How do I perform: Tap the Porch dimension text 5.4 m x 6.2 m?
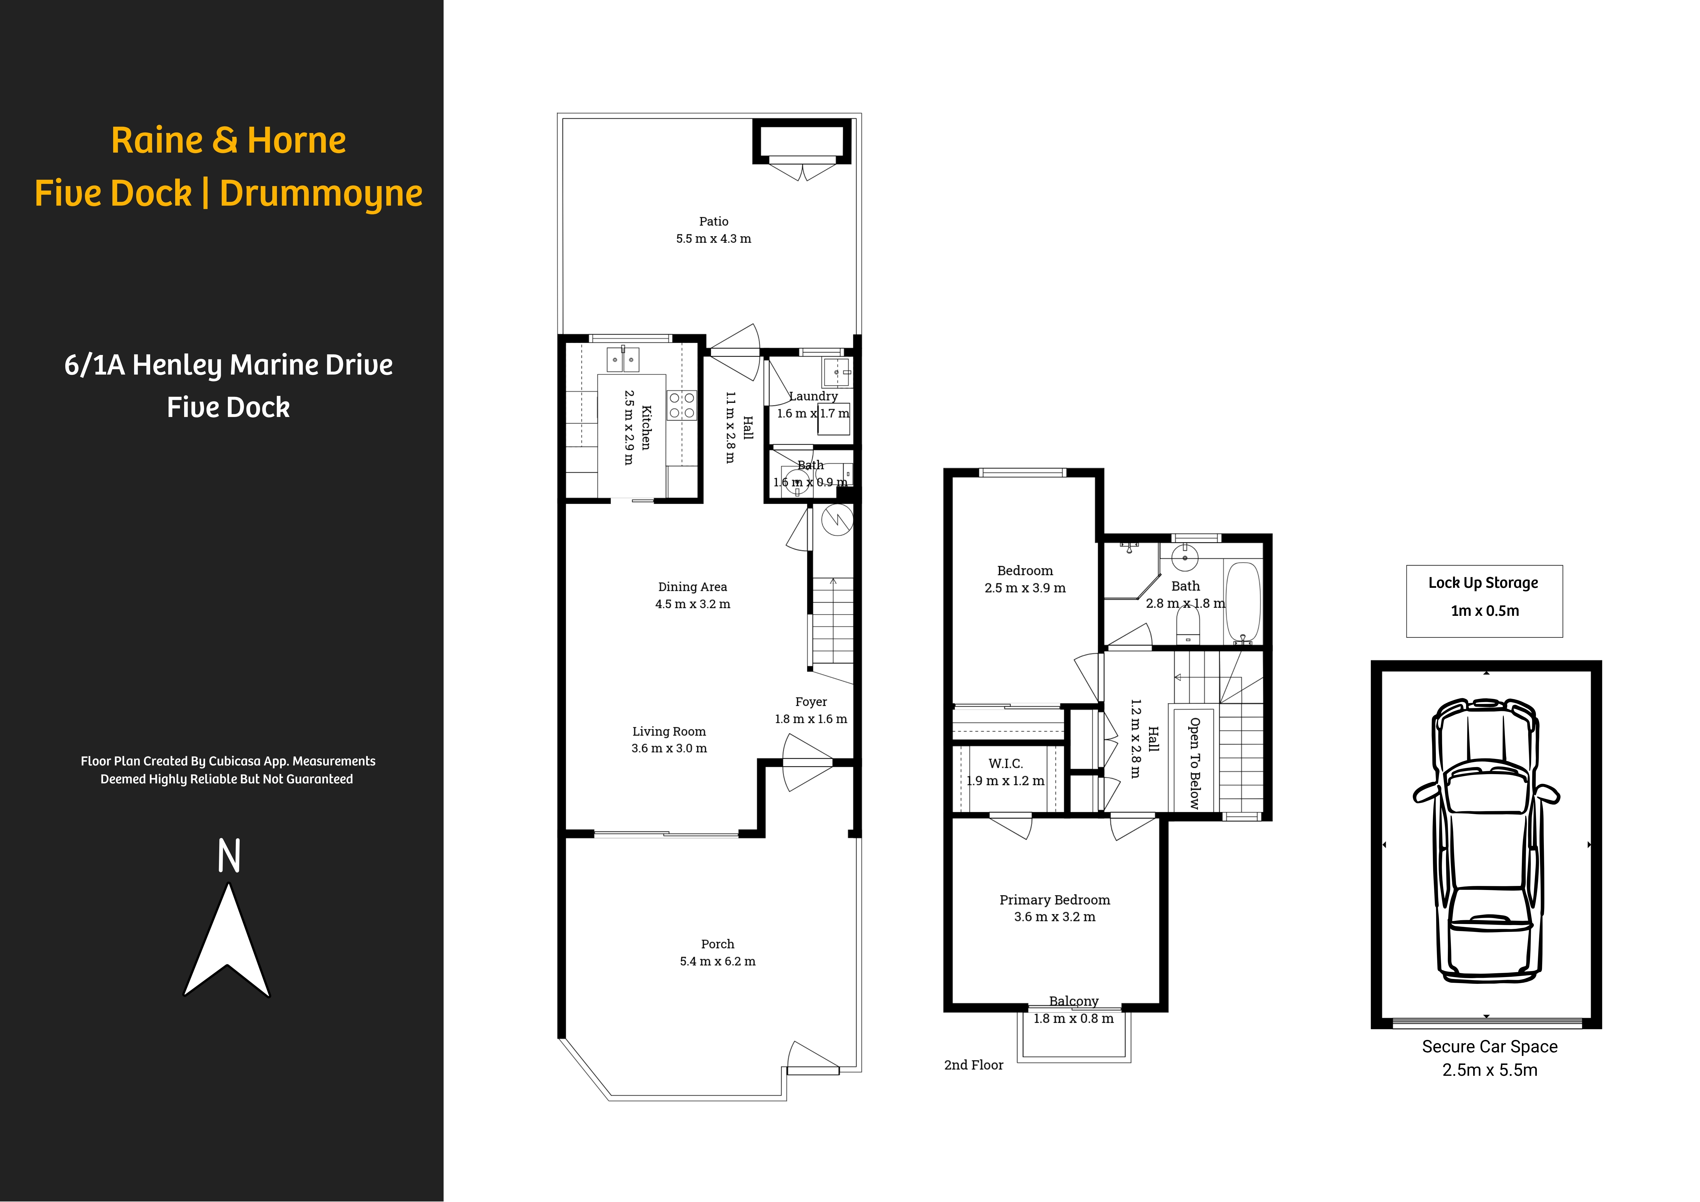718,961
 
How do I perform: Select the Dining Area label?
692,586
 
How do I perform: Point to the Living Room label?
669,731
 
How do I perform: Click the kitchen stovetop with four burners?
681,405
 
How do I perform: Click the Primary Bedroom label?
1054,900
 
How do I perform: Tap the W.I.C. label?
1006,764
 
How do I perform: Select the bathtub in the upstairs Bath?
1243,601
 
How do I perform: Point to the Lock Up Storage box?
1484,601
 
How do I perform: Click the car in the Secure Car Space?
1485,841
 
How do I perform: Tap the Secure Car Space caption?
1489,1046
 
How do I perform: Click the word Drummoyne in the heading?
321,193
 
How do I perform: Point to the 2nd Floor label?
973,1065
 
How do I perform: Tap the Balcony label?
1074,1001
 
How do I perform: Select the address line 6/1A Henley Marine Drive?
228,365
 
